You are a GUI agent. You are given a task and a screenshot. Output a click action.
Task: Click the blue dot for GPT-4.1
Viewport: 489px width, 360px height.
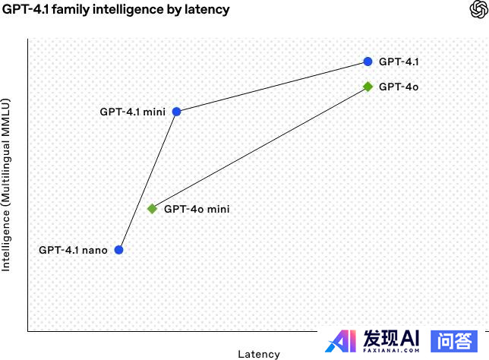(x=368, y=62)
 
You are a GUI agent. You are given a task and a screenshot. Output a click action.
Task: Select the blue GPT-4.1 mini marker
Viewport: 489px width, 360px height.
(x=176, y=112)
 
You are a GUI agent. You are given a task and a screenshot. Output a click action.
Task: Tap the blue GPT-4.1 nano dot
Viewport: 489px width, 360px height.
(x=118, y=249)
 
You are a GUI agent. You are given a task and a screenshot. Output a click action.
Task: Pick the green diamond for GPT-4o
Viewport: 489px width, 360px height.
(x=368, y=87)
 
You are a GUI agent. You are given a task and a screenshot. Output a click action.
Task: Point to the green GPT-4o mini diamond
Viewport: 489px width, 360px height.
(x=152, y=208)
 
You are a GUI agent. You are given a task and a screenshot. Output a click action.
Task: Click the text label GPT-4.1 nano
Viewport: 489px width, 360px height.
(x=73, y=249)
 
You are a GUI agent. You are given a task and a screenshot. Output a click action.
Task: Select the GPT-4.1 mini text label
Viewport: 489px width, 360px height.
(x=132, y=112)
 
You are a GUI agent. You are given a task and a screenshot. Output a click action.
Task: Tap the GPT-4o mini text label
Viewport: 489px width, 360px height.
(x=197, y=208)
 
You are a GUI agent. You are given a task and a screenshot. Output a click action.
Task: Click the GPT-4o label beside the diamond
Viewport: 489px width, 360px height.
(x=399, y=87)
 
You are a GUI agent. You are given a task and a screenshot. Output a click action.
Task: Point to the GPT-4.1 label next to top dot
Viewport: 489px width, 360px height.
(x=399, y=62)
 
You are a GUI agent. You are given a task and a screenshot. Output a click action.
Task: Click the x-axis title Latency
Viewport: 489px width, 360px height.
(x=259, y=354)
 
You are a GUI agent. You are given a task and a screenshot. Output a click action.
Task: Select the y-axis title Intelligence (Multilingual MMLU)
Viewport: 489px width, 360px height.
(x=7, y=185)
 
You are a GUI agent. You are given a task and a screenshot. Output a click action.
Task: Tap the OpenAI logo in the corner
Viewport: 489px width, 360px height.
(x=478, y=10)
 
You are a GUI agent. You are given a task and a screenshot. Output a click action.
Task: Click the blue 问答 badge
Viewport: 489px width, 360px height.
(x=454, y=341)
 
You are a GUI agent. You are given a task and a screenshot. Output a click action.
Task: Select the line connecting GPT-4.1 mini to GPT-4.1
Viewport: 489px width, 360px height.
(x=272, y=87)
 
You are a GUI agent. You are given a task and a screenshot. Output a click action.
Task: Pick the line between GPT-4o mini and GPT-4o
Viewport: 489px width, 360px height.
(x=260, y=147)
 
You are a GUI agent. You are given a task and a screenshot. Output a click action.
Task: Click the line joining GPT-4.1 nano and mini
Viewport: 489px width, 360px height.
(x=147, y=181)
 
